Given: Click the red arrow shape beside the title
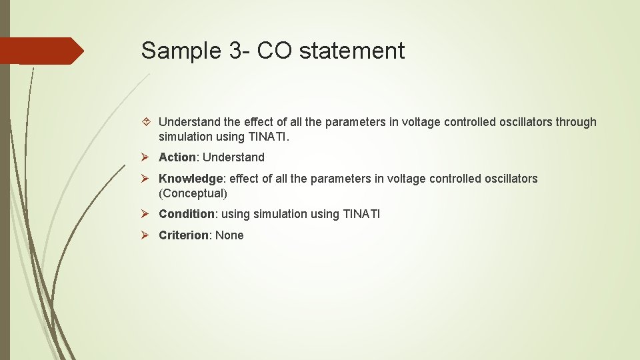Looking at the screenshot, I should [x=41, y=51].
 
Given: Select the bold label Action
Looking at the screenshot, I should [x=177, y=157].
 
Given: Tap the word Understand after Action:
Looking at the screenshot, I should [x=233, y=157].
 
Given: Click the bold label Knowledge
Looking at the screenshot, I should [x=190, y=179].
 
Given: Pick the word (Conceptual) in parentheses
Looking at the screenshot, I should [x=193, y=194].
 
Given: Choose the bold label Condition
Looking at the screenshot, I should [x=186, y=214].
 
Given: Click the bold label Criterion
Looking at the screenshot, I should [x=183, y=235].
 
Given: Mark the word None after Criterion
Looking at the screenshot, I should [x=229, y=235].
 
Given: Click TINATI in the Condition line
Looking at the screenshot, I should [x=361, y=214].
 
